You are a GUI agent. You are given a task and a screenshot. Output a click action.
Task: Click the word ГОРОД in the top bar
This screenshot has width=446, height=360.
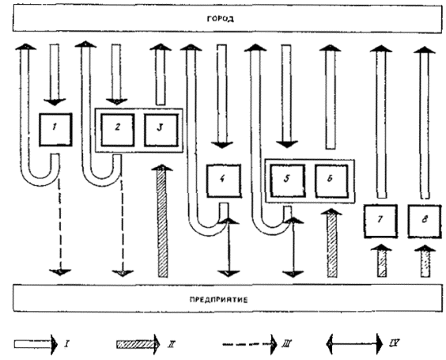coord(220,19)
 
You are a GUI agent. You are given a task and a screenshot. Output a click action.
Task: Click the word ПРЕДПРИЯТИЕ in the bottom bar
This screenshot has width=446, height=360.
coord(218,300)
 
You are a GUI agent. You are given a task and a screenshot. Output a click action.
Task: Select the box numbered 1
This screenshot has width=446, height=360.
coord(55,130)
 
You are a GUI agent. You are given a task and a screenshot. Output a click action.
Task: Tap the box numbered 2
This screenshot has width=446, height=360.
coord(118,130)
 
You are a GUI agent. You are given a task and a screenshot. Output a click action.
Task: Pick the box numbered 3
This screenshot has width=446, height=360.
coord(161,130)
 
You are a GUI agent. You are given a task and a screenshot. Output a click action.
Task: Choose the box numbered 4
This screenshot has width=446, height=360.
coord(224,180)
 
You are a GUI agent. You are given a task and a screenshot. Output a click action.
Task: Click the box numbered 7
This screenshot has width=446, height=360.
coord(380,221)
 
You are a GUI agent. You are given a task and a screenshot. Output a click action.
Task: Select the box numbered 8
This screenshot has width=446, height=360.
coord(425,221)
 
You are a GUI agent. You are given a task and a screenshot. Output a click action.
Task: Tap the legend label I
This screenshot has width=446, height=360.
coord(66,343)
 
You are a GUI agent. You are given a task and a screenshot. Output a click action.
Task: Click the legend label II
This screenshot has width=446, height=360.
coord(172,344)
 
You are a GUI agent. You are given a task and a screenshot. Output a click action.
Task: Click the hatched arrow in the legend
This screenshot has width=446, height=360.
coord(138,344)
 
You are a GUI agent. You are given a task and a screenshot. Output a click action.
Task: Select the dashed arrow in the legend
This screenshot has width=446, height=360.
coord(249,344)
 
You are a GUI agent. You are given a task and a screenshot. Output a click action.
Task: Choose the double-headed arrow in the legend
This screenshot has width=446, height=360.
coord(354,343)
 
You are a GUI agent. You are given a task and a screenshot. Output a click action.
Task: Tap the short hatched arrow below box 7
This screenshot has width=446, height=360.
coord(382,260)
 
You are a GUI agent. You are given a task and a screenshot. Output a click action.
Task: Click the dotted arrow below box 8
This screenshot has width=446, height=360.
coord(425,260)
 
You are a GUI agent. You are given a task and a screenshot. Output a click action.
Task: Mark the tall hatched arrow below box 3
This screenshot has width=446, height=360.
coord(162,221)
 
